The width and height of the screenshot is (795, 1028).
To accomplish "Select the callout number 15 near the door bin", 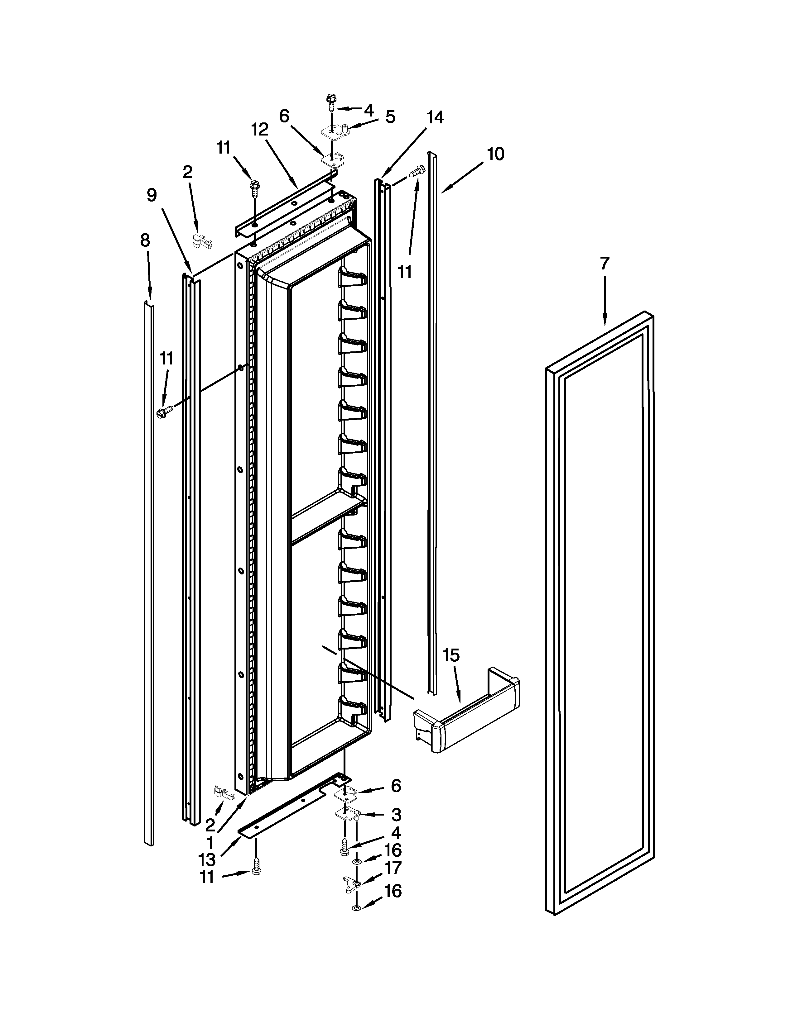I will [451, 655].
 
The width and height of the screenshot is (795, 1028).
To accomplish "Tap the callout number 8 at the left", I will [145, 240].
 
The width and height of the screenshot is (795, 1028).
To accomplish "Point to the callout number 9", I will [152, 195].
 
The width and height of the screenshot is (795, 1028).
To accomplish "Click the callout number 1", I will [210, 842].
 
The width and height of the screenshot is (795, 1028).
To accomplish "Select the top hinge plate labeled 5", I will [337, 132].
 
